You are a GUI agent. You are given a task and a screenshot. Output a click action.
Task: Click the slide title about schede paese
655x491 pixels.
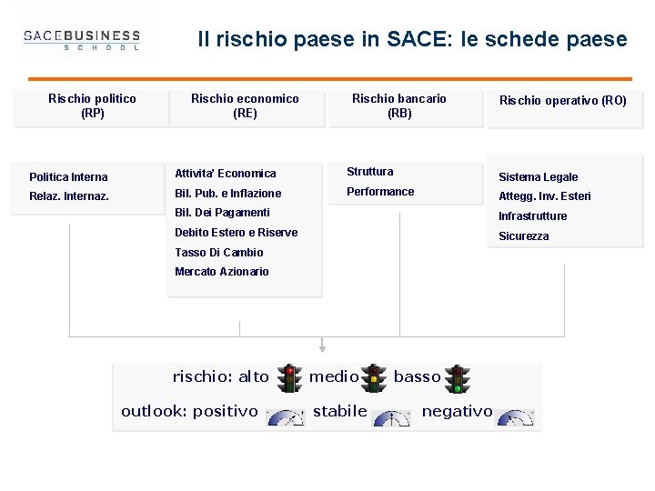(x=412, y=40)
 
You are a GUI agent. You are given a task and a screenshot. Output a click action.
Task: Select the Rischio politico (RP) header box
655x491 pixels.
(x=92, y=106)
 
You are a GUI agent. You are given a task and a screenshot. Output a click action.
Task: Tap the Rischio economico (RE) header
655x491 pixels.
(x=245, y=106)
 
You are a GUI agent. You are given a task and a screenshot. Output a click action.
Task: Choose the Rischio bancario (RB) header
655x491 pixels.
(x=399, y=106)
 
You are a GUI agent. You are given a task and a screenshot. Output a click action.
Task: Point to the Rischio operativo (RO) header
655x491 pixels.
(x=562, y=101)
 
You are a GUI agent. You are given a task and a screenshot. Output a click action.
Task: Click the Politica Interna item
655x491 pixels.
(x=68, y=177)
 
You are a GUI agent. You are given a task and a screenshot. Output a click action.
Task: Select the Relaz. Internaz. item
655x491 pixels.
(x=69, y=196)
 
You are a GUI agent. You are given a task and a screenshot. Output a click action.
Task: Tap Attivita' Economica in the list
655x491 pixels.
(x=226, y=174)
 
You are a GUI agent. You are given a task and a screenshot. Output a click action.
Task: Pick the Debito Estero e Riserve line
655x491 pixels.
(x=236, y=233)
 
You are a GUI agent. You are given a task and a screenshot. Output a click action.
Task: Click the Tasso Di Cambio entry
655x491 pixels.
(x=219, y=253)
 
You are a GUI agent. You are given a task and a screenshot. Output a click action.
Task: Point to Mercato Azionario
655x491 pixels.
(x=222, y=272)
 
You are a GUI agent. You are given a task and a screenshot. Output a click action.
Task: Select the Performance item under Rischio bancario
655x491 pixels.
(x=380, y=192)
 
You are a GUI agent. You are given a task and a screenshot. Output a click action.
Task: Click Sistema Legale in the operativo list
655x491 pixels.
(x=538, y=177)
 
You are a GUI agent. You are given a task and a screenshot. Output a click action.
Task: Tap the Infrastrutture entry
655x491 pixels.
(x=532, y=216)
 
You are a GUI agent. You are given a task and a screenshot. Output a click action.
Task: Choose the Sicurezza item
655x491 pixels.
(x=524, y=236)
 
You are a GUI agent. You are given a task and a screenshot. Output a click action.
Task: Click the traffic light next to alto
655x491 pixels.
(x=290, y=377)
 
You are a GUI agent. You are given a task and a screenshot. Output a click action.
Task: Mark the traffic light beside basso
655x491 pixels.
(x=458, y=377)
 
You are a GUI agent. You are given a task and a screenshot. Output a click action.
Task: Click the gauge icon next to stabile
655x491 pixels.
(x=391, y=417)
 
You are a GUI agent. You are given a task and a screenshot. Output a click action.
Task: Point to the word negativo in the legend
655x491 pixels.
(x=457, y=412)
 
